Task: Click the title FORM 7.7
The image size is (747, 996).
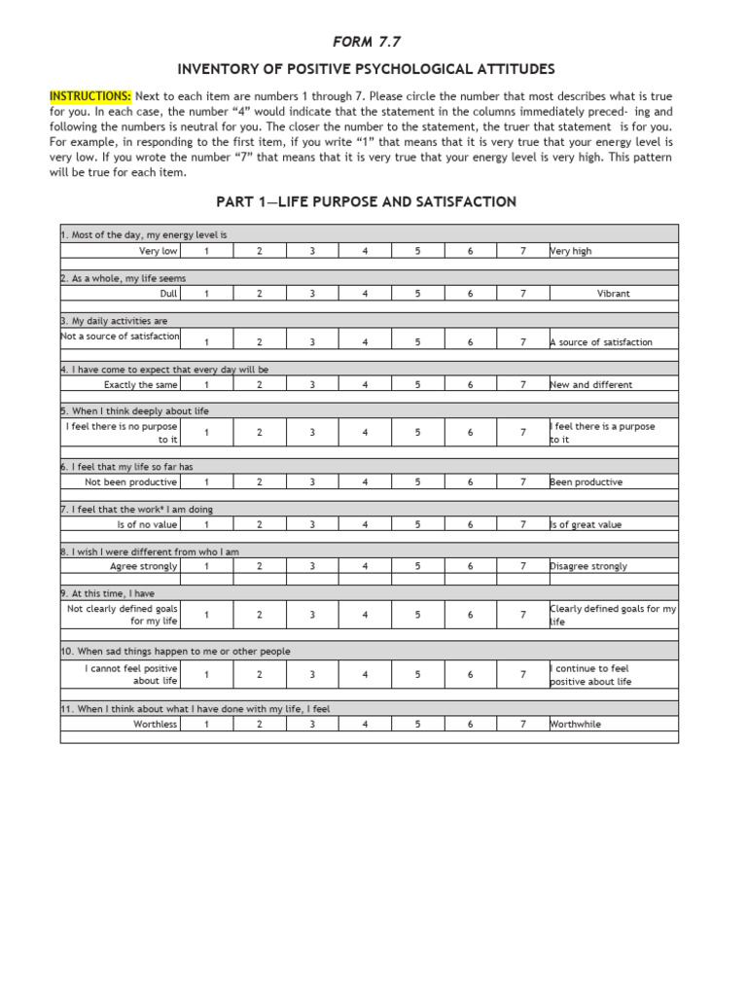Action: [x=369, y=41]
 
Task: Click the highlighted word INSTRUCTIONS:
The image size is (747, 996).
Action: [x=91, y=97]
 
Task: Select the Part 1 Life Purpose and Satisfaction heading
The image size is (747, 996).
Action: [x=365, y=202]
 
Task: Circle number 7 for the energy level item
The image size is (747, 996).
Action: [x=522, y=251]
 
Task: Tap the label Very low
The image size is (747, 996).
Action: [x=159, y=251]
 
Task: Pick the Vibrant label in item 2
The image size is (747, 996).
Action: [x=613, y=293]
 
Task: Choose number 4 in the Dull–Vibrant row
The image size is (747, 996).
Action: [x=365, y=293]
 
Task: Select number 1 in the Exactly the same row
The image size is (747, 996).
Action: [x=206, y=384]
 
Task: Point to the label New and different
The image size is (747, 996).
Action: [x=590, y=384]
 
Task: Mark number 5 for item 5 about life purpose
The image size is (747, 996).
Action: [x=417, y=432]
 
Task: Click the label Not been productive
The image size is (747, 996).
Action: [x=131, y=481]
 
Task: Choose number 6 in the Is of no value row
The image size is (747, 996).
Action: [x=470, y=524]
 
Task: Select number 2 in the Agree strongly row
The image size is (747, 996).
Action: [x=259, y=566]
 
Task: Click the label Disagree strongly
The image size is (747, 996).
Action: [x=588, y=566]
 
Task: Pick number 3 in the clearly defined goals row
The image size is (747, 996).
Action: [x=312, y=615]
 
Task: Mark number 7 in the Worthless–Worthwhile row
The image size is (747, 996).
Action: [x=522, y=724]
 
